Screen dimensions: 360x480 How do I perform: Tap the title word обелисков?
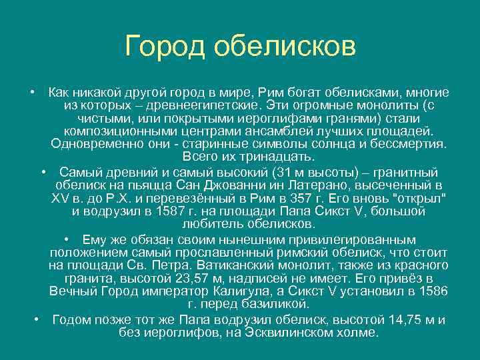pos(286,47)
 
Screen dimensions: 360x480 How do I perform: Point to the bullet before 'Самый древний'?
pos(42,171)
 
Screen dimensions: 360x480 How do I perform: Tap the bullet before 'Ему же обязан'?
pos(69,239)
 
